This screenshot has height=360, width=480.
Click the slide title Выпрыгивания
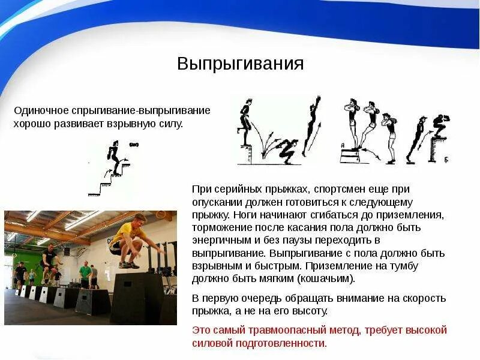coord(240,64)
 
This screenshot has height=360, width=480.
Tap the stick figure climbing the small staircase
coord(114,157)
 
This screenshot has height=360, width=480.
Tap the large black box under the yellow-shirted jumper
coord(137,297)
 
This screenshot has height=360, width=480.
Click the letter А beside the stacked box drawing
coord(342,145)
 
